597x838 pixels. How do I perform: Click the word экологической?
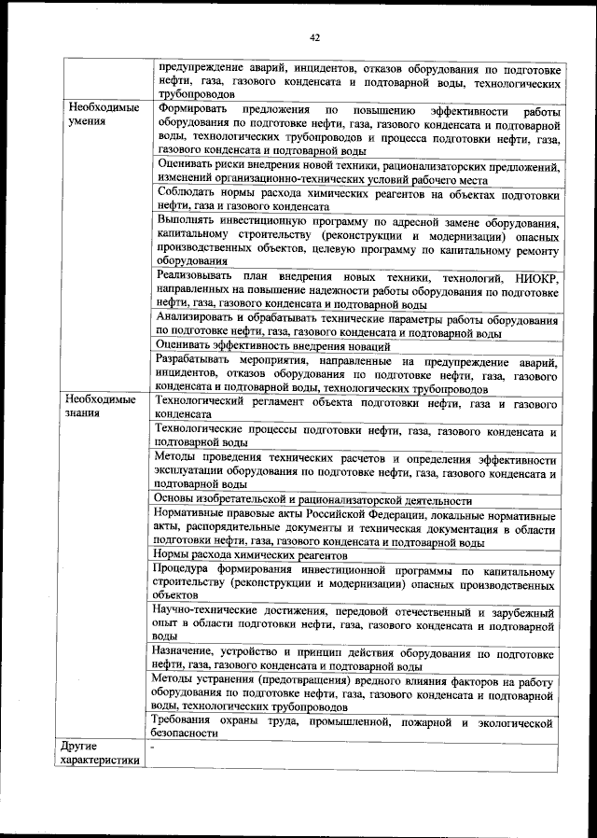coord(511,720)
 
